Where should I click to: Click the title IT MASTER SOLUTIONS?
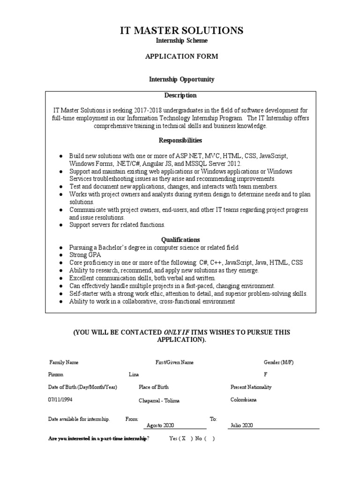181,31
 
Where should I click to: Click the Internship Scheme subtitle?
181,41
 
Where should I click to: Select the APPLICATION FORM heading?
181,57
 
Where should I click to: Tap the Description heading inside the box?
180,95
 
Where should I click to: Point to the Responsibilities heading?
180,140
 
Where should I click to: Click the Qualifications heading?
180,240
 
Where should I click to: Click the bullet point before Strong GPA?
61,255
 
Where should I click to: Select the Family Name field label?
64,362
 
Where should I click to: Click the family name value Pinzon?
55,375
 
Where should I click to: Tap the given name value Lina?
134,375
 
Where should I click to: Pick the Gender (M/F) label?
278,362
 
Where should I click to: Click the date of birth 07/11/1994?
60,399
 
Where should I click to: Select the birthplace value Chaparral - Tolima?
159,400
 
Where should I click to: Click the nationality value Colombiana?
243,399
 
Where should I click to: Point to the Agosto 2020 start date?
160,425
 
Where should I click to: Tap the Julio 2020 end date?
241,425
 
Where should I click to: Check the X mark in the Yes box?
184,439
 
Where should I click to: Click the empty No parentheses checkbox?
210,439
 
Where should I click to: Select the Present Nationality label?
251,387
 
